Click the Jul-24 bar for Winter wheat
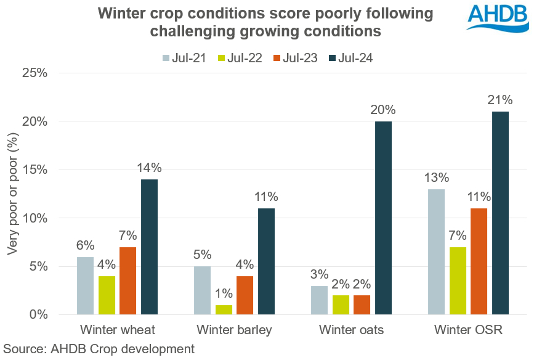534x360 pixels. click(x=150, y=247)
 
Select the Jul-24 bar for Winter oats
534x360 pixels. click(x=383, y=218)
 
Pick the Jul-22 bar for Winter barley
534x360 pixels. click(x=224, y=309)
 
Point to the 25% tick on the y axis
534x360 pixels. click(x=34, y=73)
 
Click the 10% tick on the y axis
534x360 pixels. click(x=34, y=218)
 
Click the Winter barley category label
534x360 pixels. click(x=235, y=330)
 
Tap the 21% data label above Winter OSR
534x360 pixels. click(x=500, y=100)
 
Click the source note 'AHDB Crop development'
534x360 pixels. click(x=99, y=349)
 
